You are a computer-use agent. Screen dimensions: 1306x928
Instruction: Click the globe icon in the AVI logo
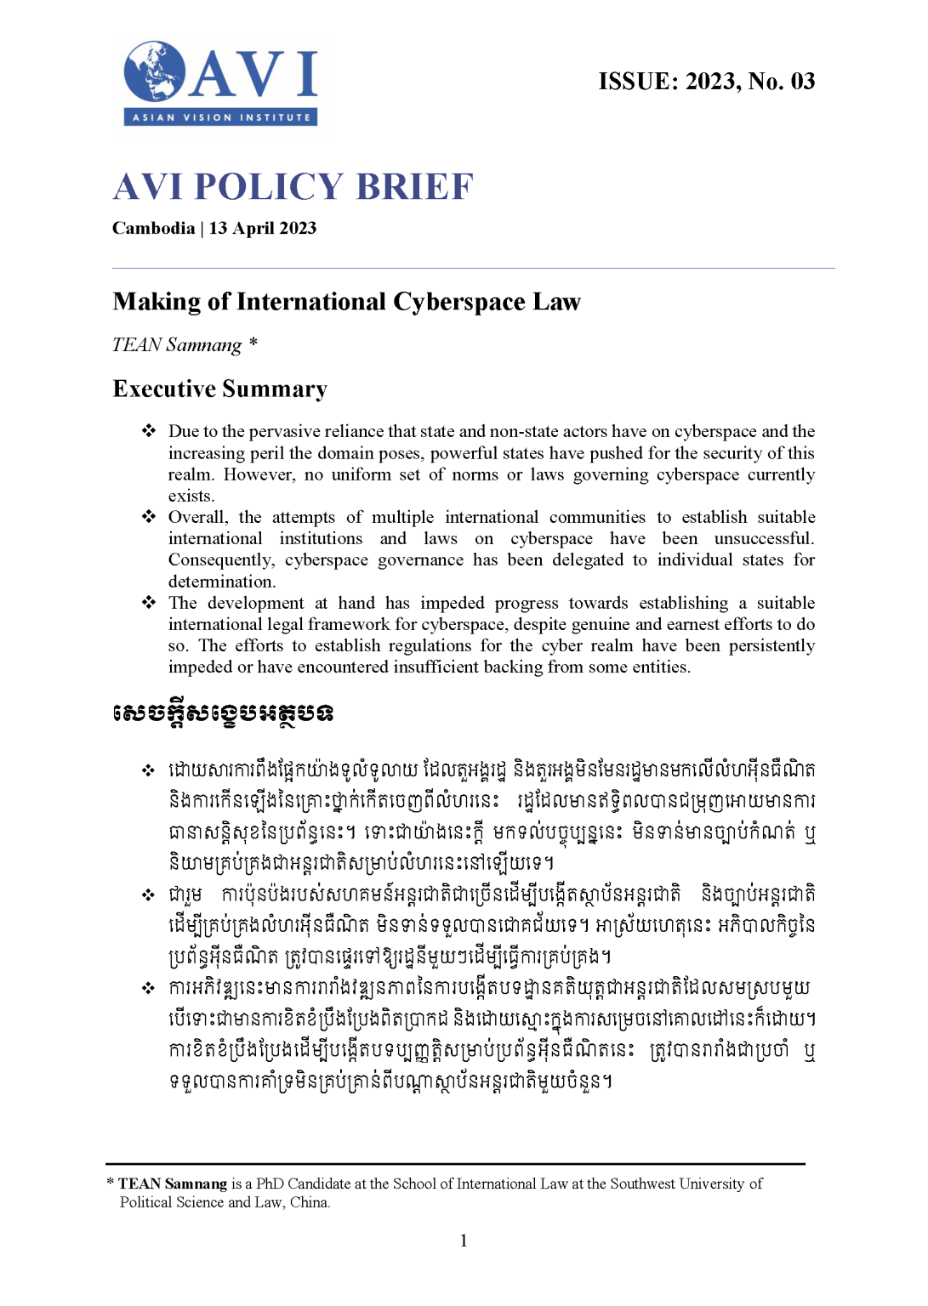click(155, 71)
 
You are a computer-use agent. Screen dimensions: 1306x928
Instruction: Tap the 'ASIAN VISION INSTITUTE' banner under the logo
click(221, 117)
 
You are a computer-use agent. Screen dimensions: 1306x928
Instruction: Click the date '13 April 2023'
click(263, 229)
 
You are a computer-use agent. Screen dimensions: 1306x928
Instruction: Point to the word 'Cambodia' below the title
click(153, 229)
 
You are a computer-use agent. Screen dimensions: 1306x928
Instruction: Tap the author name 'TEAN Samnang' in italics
click(177, 345)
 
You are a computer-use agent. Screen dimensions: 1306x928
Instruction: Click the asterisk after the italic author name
click(253, 343)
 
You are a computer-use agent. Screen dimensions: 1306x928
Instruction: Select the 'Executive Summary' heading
click(219, 389)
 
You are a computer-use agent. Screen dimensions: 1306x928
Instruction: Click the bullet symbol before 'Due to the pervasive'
click(149, 431)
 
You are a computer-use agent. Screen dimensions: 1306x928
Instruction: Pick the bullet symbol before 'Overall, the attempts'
click(149, 517)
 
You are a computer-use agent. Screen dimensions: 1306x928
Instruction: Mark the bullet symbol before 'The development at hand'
click(149, 603)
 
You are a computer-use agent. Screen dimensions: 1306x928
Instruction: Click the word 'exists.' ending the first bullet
click(191, 497)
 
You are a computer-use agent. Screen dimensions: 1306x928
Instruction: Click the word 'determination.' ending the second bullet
click(222, 582)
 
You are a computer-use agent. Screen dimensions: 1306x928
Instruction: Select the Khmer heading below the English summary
click(222, 713)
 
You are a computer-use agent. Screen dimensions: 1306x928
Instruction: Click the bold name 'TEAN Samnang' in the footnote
click(173, 1184)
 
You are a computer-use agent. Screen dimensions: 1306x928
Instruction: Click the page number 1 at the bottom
click(464, 1241)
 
